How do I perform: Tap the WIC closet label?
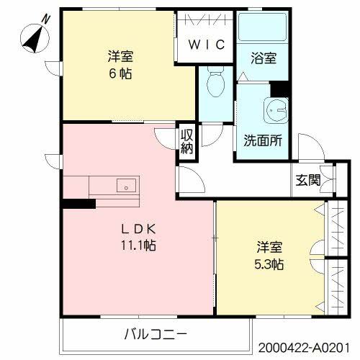click(x=207, y=45)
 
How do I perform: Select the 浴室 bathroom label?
click(x=264, y=59)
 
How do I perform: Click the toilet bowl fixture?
click(x=214, y=86)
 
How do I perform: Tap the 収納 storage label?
click(x=186, y=140)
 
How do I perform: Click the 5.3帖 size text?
click(x=268, y=264)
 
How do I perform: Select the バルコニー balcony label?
click(x=156, y=334)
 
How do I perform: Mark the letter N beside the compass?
click(x=46, y=17)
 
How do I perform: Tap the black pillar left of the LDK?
click(x=78, y=204)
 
